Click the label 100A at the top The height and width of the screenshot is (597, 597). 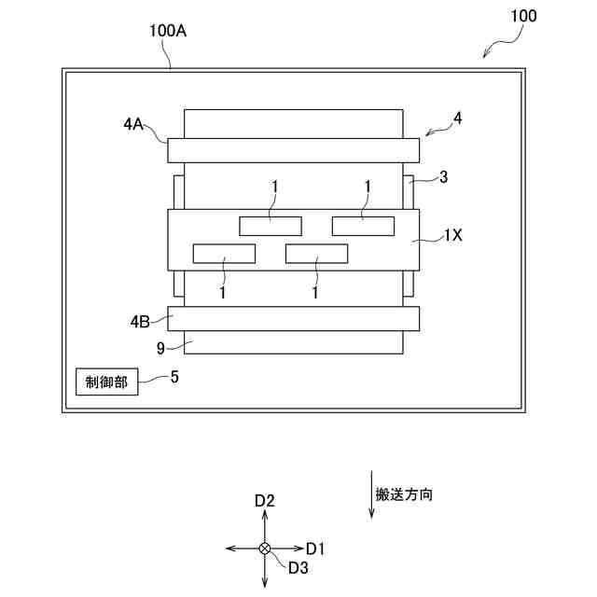tap(168, 30)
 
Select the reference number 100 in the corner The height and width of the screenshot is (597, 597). tap(523, 17)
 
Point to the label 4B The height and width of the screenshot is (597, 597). tap(139, 322)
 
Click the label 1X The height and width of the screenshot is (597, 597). tap(452, 236)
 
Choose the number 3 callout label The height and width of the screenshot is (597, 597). tap(443, 176)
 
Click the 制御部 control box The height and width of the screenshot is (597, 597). tap(107, 382)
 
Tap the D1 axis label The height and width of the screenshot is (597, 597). tap(315, 548)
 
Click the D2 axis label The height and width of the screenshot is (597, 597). tap(265, 501)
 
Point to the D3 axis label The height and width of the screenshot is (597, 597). tap(298, 567)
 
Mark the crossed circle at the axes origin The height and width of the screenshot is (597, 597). tap(265, 548)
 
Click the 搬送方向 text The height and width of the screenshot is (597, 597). tap(404, 494)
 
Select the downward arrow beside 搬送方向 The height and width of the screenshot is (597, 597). tap(371, 494)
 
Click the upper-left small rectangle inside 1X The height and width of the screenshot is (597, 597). tap(271, 225)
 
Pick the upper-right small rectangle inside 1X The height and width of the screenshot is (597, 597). tap(363, 225)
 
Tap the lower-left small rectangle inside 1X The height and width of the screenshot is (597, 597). tap(224, 253)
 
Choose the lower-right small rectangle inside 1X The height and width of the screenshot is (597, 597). tap(316, 253)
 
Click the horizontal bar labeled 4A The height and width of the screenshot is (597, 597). tap(293, 150)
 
